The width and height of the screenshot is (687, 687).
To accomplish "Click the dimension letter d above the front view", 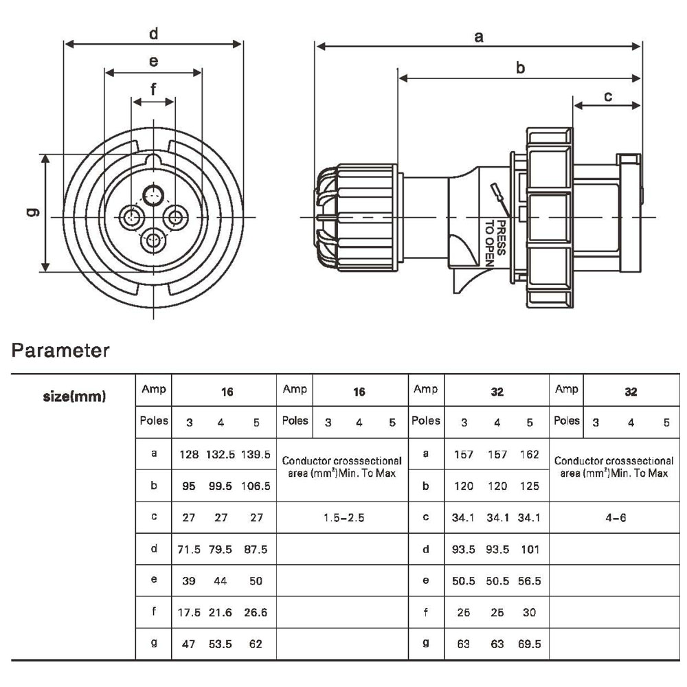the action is tap(153, 34).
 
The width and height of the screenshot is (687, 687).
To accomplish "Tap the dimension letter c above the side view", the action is tap(608, 96).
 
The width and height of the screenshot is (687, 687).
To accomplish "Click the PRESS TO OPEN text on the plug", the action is tap(495, 243).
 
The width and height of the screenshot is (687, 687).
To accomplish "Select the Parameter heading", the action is tap(60, 350).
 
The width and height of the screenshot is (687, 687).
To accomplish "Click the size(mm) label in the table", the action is tap(74, 396).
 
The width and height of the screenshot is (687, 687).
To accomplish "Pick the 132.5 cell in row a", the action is tap(221, 455).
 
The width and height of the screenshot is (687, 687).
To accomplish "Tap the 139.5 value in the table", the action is tap(256, 455).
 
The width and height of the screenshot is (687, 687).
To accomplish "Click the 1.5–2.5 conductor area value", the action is tap(344, 518).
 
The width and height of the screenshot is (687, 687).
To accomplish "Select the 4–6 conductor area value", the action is tap(616, 518).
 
